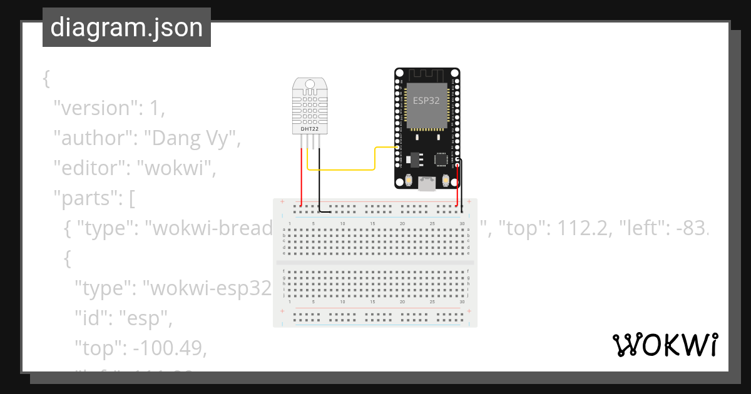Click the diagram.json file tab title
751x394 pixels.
coord(126,28)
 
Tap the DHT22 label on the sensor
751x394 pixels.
coord(309,129)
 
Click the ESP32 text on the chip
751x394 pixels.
coord(426,100)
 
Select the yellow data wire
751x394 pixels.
coord(350,169)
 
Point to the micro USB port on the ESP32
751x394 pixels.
coord(427,184)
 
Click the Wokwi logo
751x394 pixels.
coord(665,345)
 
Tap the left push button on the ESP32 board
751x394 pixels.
coord(408,181)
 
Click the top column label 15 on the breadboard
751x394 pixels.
coord(372,223)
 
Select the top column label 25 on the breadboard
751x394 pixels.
coord(432,223)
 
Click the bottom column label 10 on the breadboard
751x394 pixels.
coord(342,301)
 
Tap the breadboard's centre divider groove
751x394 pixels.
coord(375,263)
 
